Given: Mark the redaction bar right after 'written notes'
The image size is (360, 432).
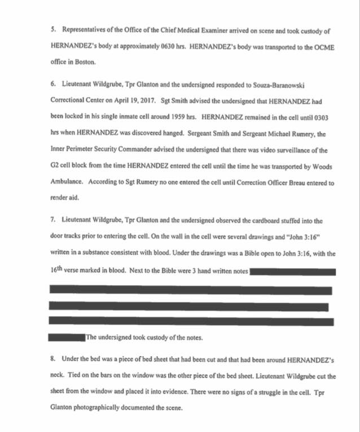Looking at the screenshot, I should pos(292,272).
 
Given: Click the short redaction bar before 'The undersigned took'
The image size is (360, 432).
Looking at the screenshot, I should pos(67,338).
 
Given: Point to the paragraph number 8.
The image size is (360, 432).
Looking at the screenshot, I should pos(52,360).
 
